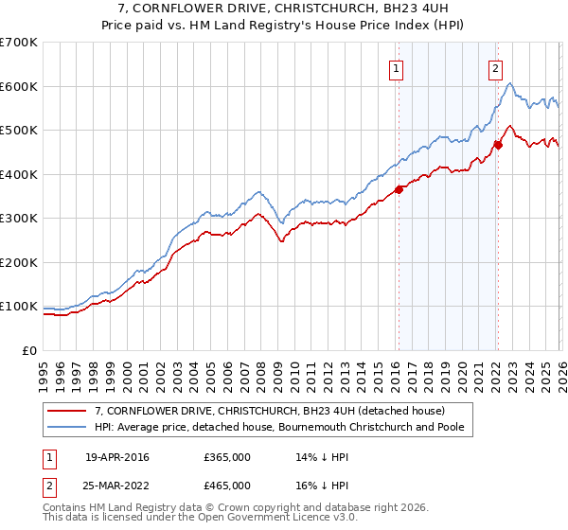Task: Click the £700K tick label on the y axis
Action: pyautogui.click(x=19, y=43)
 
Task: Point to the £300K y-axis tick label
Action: pyautogui.click(x=19, y=219)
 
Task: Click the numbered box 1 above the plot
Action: pyautogui.click(x=395, y=67)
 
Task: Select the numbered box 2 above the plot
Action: pyautogui.click(x=495, y=67)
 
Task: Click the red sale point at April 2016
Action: pyautogui.click(x=399, y=189)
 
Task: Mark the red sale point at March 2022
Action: pyautogui.click(x=498, y=145)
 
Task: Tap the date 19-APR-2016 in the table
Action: pyautogui.click(x=117, y=457)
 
